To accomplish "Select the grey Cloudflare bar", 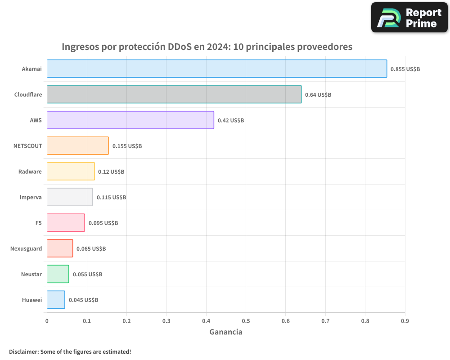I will point(174,94).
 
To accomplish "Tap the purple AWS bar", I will point(130,120).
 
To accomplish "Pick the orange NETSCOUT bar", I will point(78,146).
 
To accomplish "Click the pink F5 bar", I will point(66,223).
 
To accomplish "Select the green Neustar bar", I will point(58,274).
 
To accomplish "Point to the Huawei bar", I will point(56,300).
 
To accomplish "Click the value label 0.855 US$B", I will point(405,69).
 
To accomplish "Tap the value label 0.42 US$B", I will point(231,121).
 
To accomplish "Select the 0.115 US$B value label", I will point(111,198).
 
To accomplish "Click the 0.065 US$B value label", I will point(91,249).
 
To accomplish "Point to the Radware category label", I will point(30,172).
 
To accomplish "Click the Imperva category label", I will point(31,198).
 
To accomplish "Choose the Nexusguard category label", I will point(26,249).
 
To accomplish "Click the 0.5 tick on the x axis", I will point(246,321).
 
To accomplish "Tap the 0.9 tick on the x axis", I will point(405,321).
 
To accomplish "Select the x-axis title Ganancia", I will point(226,332).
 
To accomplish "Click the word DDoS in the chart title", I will point(180,47).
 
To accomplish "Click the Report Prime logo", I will point(409,18).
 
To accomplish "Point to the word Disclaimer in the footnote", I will point(23,351).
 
